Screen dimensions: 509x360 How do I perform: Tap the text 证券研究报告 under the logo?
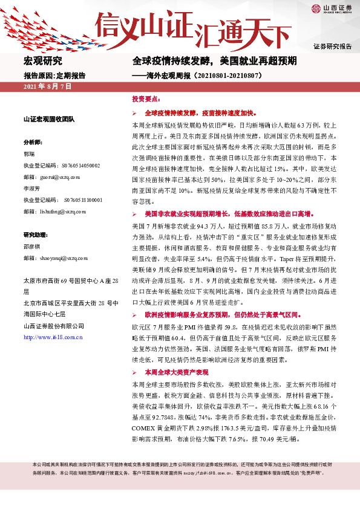pyautogui.click(x=332, y=47)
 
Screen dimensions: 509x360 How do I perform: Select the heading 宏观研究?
pyautogui.click(x=42, y=61)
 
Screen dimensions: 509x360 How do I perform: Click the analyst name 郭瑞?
pyautogui.click(x=29, y=154)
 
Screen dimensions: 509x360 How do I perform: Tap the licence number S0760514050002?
pyautogui.click(x=81, y=165)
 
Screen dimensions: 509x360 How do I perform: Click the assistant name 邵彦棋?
pyautogui.click(x=32, y=246)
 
